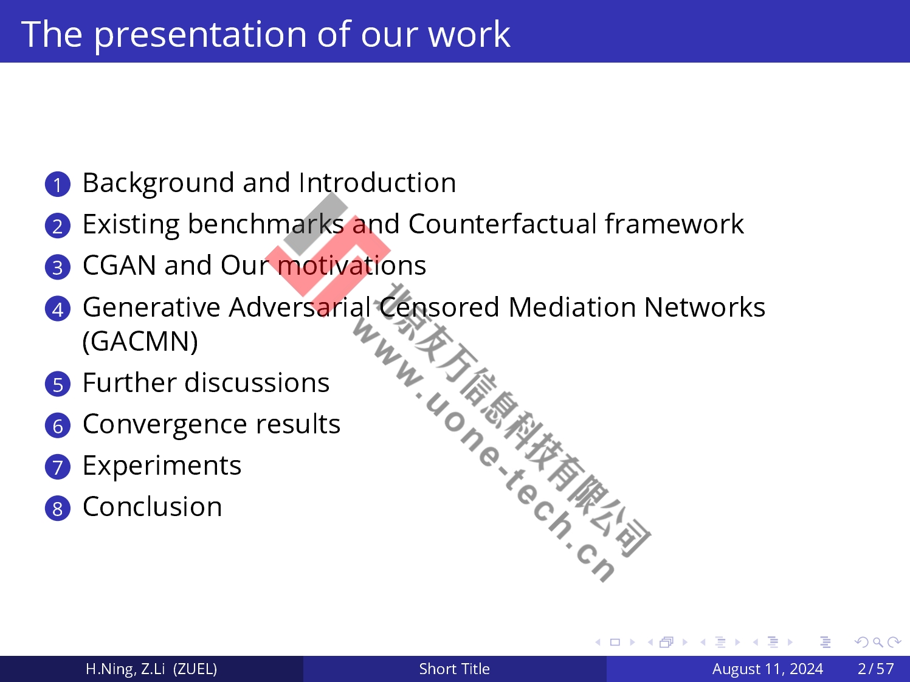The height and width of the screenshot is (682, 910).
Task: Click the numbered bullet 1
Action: coord(58,184)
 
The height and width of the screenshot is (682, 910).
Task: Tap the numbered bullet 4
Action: coord(58,309)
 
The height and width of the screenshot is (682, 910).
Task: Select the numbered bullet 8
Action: coord(58,508)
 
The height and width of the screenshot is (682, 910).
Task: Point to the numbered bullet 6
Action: coord(58,425)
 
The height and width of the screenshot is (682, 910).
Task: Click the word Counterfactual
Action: coord(502,224)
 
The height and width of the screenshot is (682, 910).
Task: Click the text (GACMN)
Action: coord(140,342)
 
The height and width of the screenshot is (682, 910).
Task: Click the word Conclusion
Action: coord(153,506)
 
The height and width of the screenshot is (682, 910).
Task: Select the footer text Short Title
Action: coord(454,669)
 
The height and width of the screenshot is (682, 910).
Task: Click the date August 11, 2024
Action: coord(768,669)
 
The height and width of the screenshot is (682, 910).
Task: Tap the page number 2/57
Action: coord(875,669)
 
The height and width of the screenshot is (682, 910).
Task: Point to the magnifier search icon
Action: coord(878,642)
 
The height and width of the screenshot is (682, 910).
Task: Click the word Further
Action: coord(129,382)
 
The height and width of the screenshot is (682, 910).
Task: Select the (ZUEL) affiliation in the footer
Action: coord(195,669)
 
